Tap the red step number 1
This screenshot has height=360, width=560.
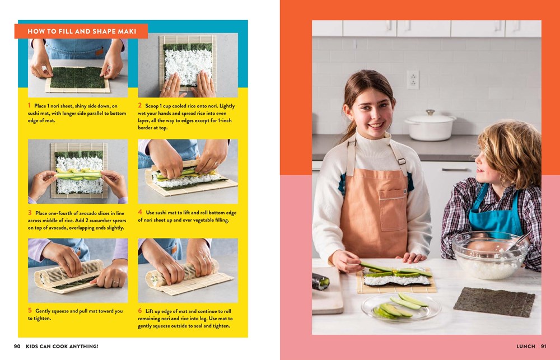(30, 105)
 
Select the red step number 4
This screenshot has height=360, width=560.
(140, 213)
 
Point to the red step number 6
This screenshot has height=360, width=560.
(140, 311)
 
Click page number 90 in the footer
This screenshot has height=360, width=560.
(17, 347)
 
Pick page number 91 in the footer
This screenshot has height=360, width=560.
(544, 347)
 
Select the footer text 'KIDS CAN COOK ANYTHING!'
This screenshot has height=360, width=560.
(62, 347)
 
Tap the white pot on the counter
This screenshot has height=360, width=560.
(430, 127)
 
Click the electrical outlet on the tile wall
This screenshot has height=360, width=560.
(413, 80)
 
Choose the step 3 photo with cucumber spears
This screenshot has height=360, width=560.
(78, 171)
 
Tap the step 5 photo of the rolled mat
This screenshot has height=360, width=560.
(78, 270)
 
